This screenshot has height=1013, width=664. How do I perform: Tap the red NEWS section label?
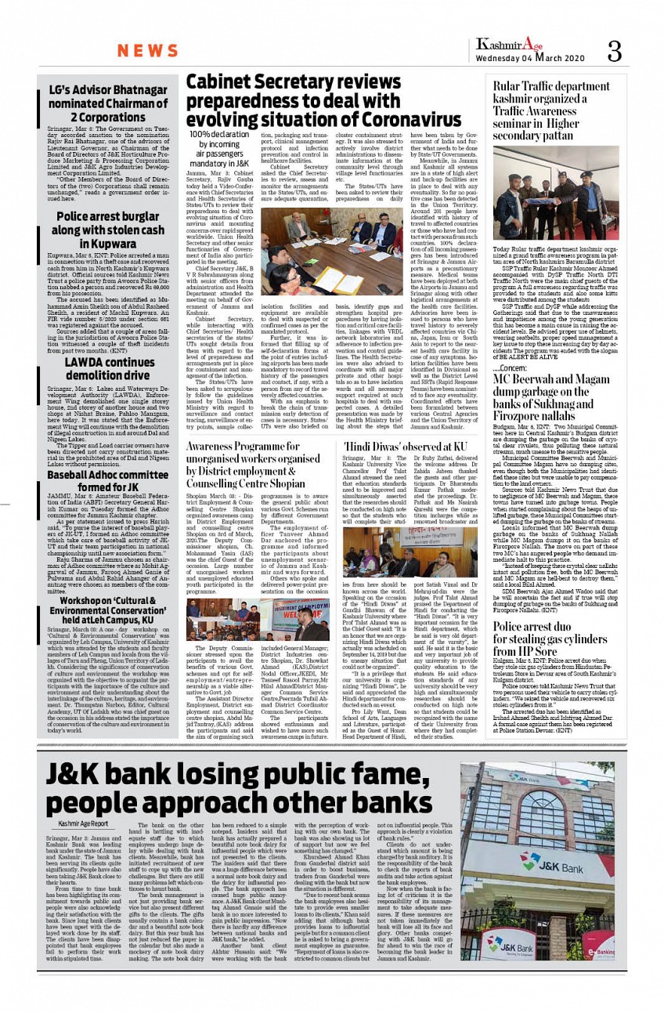click(x=148, y=52)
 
